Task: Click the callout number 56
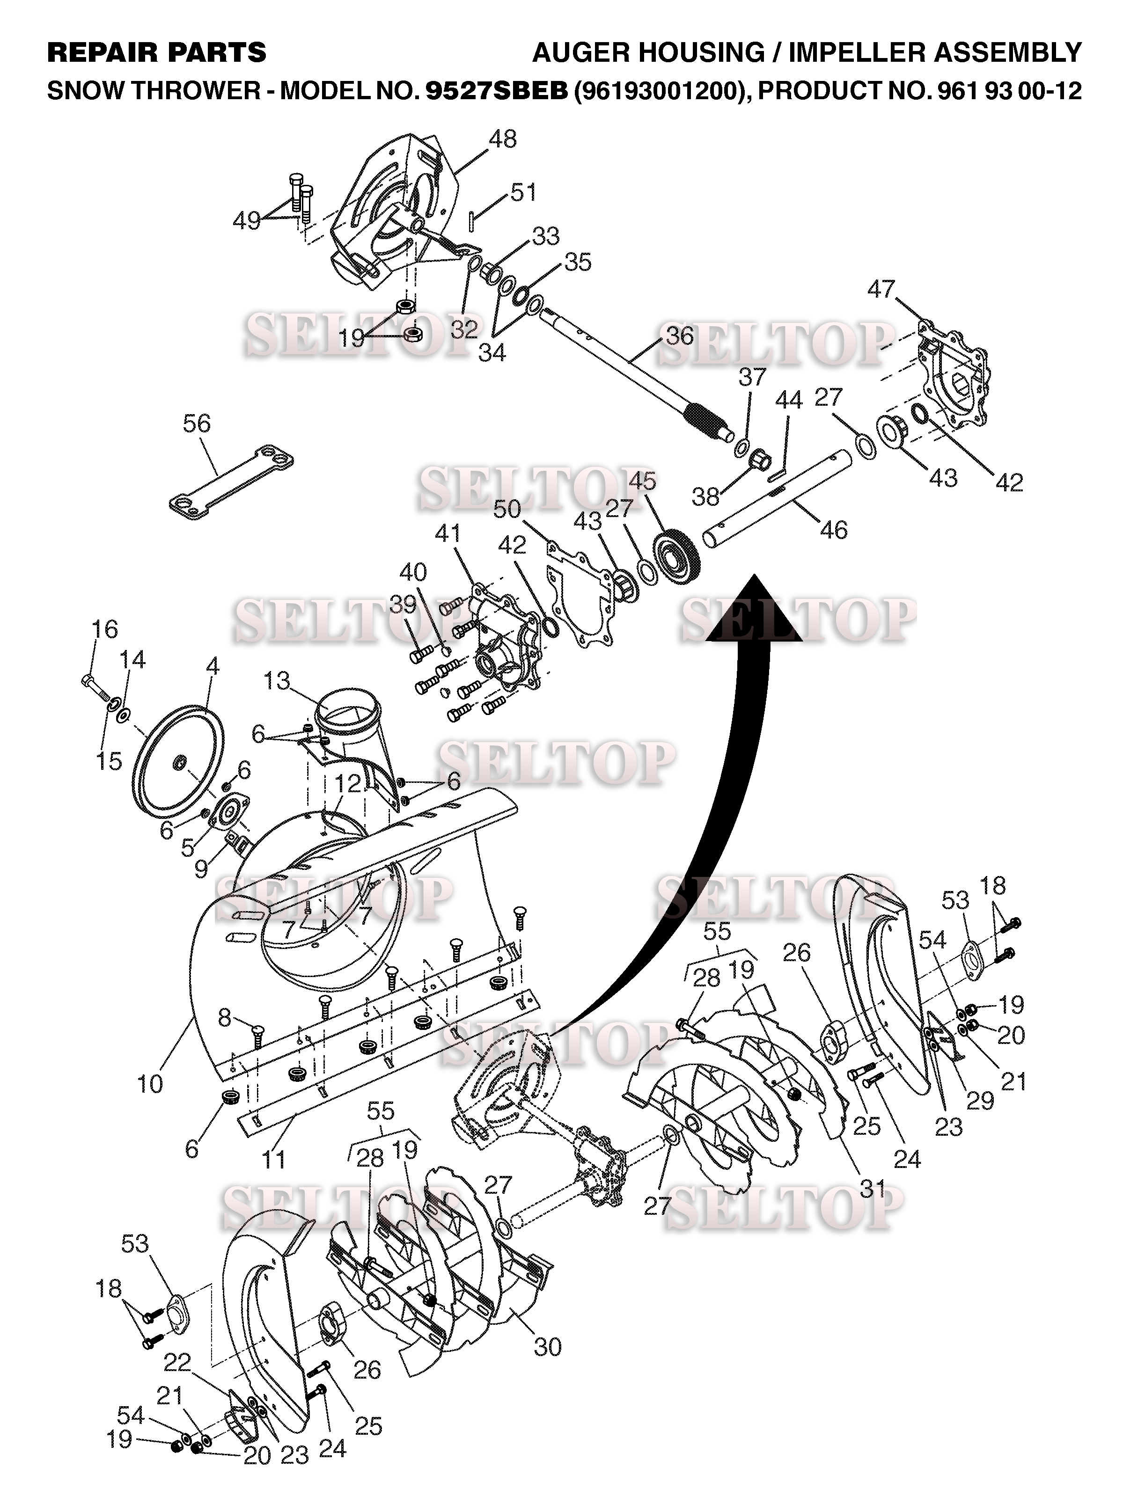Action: (x=197, y=423)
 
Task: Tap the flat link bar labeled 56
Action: (x=231, y=476)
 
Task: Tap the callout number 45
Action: (x=642, y=482)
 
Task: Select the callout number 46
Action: (x=834, y=531)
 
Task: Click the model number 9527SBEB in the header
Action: (x=497, y=91)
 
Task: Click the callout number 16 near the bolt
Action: (x=104, y=629)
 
